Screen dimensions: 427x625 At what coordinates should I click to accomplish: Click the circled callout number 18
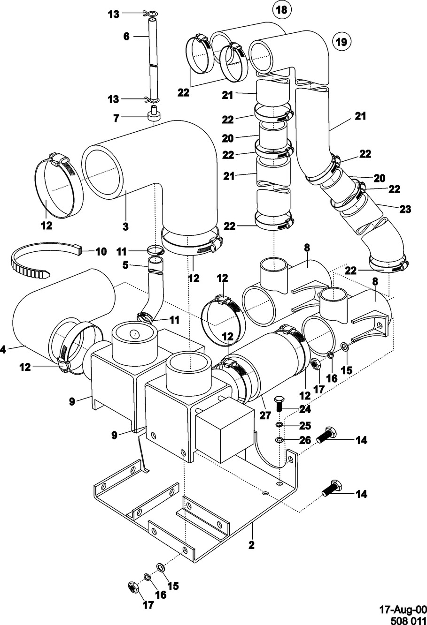click(x=281, y=10)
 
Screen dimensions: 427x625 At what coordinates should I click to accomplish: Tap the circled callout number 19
click(x=342, y=42)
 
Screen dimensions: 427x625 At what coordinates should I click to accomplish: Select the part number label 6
click(x=126, y=36)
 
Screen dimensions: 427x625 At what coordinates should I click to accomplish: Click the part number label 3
click(x=126, y=226)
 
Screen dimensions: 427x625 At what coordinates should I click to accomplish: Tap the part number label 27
click(x=265, y=415)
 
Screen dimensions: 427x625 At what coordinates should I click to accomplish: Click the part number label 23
click(x=405, y=209)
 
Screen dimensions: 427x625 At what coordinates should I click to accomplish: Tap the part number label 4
click(x=3, y=350)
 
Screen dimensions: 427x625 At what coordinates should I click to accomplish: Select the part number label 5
click(x=125, y=265)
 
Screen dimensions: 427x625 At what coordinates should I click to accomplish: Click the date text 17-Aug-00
click(x=403, y=608)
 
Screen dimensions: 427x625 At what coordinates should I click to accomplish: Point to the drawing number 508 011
click(x=409, y=619)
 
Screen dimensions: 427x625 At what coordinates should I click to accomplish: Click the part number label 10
click(x=101, y=252)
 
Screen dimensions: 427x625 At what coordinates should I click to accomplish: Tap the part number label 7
click(x=116, y=118)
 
